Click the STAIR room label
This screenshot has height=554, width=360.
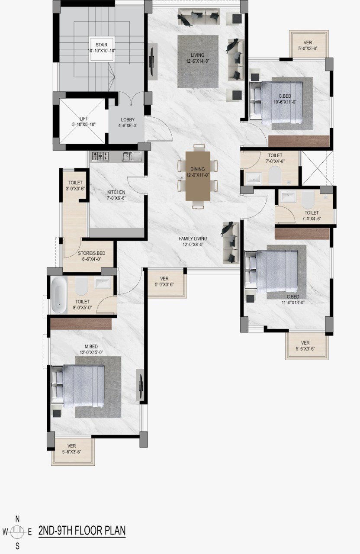102,45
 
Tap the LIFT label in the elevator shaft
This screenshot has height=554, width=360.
84,119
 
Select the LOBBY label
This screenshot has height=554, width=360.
128,120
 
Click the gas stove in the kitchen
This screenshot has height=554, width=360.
100,156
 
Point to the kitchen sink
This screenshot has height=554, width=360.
132,157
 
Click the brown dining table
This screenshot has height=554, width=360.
198,176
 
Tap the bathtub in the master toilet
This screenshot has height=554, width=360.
59,295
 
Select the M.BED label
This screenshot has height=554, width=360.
92,347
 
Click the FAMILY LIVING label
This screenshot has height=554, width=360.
193,238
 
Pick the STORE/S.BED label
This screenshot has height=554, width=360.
91,253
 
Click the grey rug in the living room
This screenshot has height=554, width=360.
198,61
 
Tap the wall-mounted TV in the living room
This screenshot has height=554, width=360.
153,61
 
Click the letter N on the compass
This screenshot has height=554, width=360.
18,519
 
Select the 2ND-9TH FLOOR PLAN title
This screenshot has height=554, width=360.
82,531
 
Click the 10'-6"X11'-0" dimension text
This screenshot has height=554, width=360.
285,102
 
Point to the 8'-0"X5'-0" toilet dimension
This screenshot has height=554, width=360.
82,308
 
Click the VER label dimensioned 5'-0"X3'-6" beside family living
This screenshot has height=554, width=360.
164,279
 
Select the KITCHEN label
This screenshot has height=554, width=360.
116,192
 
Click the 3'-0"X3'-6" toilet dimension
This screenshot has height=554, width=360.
75,188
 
